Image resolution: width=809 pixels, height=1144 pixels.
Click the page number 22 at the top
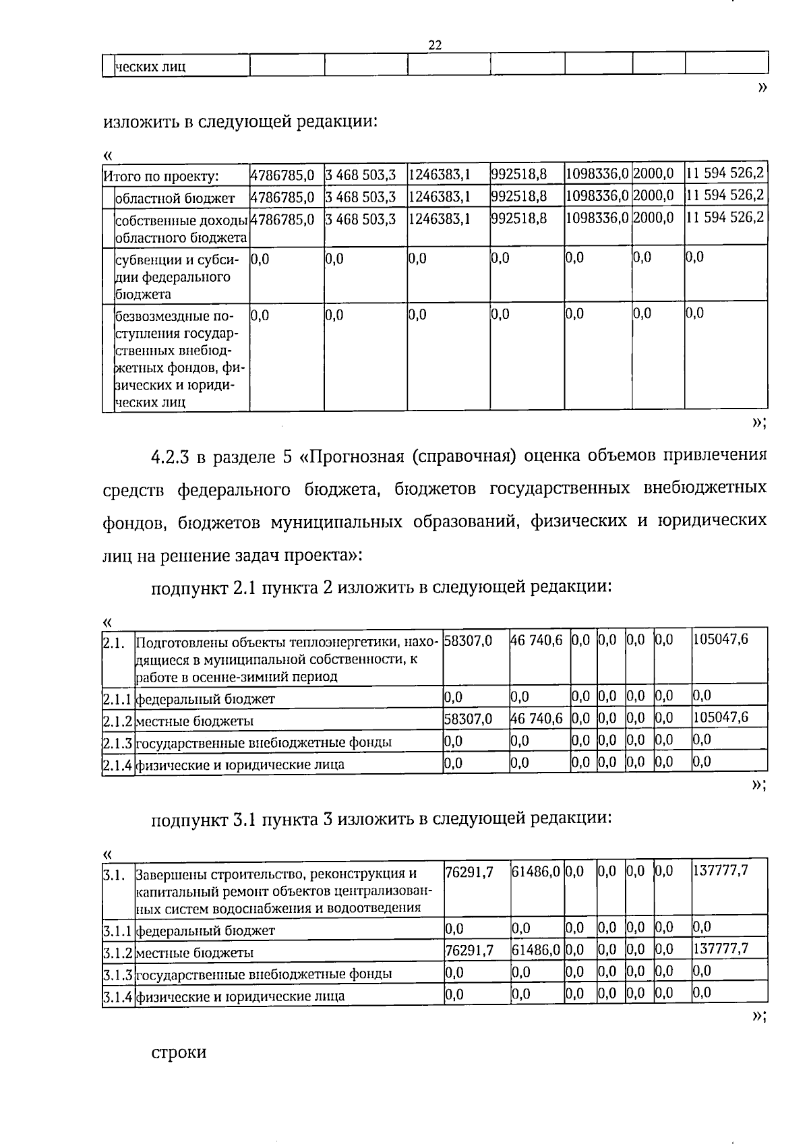coord(435,45)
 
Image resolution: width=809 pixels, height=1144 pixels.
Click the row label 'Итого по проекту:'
coord(161,177)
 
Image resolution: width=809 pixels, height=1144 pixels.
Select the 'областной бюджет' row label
coord(175,198)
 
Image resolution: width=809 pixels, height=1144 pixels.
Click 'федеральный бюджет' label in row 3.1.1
coord(206,931)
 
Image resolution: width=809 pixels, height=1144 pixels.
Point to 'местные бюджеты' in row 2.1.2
coord(195,721)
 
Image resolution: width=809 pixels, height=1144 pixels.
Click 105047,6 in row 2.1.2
coord(720,717)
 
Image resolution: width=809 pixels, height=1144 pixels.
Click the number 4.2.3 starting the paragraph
coord(171,457)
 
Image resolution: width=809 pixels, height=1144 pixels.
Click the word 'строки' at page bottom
coord(179,1052)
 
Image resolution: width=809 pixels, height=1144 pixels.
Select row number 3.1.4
coord(118,996)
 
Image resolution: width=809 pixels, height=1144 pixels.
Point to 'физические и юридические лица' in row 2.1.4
coord(240,764)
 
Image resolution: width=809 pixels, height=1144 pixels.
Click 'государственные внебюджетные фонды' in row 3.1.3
coord(264,974)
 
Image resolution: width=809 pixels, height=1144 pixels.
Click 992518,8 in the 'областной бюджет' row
coord(518,196)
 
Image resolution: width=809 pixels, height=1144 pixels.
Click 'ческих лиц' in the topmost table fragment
coord(150,67)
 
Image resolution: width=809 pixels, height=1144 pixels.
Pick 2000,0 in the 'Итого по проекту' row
coord(653,174)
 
